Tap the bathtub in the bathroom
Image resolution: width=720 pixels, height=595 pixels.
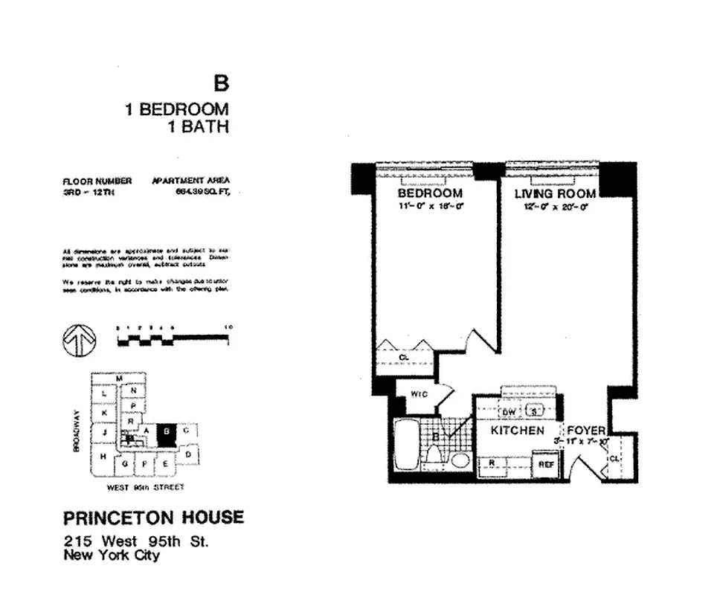point(405,446)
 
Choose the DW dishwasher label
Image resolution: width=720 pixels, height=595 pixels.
point(510,412)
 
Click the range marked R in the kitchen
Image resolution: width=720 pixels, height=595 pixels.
point(493,463)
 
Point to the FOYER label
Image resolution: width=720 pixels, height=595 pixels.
point(586,431)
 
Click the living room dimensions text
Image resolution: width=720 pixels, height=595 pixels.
point(556,208)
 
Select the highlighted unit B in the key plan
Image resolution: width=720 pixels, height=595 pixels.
point(167,434)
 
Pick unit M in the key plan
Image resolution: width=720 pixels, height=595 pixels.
point(118,379)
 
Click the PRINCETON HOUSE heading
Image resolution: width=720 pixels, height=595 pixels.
point(153,518)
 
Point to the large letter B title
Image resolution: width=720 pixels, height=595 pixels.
point(220,83)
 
